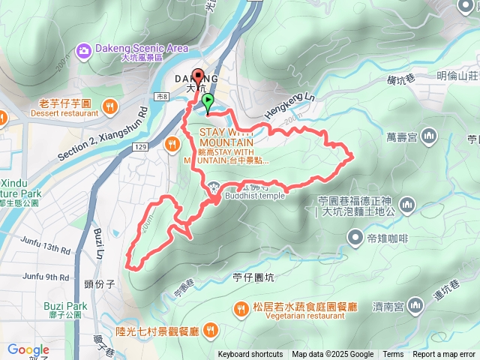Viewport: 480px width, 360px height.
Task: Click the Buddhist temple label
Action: (x=254, y=196)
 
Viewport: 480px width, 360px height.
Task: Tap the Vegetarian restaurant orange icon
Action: (x=241, y=307)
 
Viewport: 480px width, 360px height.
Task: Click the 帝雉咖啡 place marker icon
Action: (x=355, y=238)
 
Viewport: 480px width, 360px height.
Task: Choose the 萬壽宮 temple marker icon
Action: (x=429, y=136)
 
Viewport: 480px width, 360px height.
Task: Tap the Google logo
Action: (x=28, y=349)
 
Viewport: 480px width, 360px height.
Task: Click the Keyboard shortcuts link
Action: (x=250, y=355)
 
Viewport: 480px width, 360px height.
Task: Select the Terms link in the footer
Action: (x=393, y=355)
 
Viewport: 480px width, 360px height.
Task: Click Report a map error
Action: (x=445, y=355)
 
